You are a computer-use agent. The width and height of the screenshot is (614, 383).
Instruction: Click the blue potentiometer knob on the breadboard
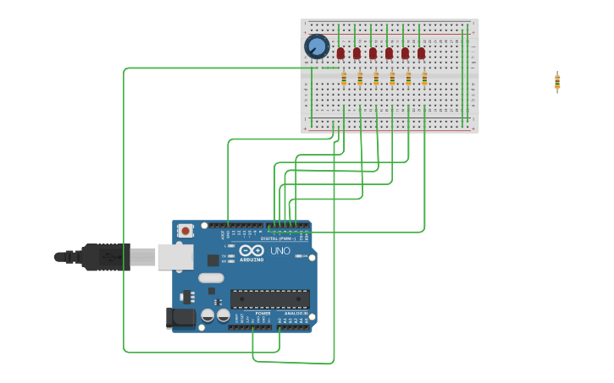click(x=317, y=47)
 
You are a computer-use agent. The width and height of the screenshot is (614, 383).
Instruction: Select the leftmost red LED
click(x=340, y=53)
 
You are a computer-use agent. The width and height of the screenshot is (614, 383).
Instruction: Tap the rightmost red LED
click(x=421, y=53)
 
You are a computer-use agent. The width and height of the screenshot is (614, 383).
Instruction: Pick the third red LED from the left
click(x=373, y=53)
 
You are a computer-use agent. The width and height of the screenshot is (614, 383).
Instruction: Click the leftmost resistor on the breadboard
click(x=344, y=79)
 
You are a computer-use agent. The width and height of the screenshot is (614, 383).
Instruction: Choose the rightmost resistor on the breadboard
click(x=424, y=79)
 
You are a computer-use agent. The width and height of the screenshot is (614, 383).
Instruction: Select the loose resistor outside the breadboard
click(x=557, y=81)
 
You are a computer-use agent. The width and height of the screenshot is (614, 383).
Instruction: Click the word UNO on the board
click(x=280, y=251)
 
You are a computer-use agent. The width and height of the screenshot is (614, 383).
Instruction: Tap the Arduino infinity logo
click(x=252, y=250)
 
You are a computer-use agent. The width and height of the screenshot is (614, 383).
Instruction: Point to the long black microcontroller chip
click(x=269, y=298)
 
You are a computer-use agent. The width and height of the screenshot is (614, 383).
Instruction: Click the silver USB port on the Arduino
click(x=175, y=256)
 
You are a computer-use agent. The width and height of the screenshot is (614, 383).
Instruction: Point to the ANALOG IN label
click(x=294, y=313)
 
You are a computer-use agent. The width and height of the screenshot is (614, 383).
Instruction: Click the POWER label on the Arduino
click(x=263, y=313)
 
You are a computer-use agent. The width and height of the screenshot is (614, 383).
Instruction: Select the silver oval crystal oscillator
click(x=211, y=277)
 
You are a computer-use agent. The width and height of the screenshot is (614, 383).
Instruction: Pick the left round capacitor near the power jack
click(x=207, y=315)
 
